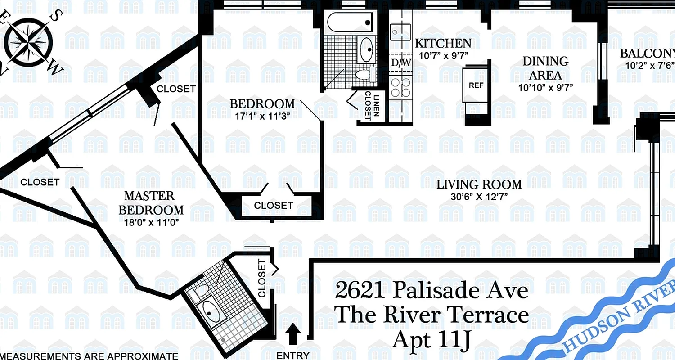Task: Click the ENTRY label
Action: pyautogui.click(x=292, y=355)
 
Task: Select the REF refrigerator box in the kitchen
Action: pyautogui.click(x=476, y=85)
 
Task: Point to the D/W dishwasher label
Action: pyautogui.click(x=400, y=63)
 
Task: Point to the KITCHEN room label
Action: pyautogui.click(x=443, y=43)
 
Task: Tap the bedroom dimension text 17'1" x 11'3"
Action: pyautogui.click(x=262, y=115)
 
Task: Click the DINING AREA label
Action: pyautogui.click(x=545, y=68)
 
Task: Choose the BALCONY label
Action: pyautogui.click(x=647, y=53)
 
